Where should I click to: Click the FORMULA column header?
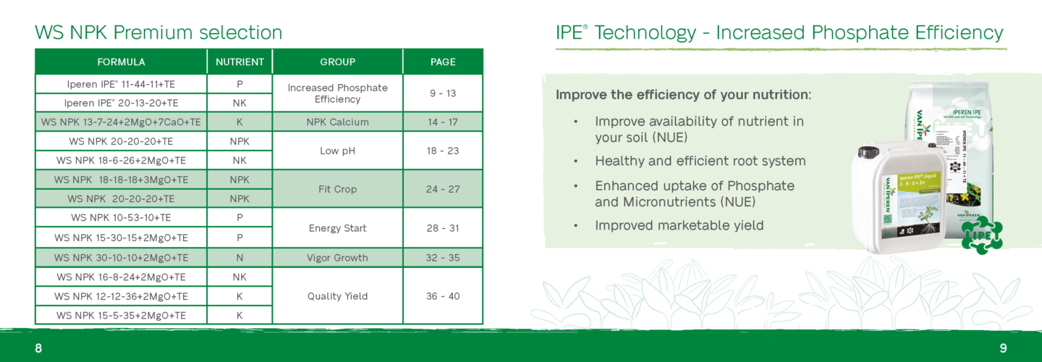coord(121,62)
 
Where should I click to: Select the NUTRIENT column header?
coord(240,62)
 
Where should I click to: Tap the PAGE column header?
coord(442,62)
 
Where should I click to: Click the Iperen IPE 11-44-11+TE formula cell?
coord(121,84)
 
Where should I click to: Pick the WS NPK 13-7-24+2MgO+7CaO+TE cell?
coord(121,122)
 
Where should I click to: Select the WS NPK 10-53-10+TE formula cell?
coord(121,217)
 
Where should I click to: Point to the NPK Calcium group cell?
coord(337,122)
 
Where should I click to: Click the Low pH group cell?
coord(337,151)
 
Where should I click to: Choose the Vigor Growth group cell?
coord(337,258)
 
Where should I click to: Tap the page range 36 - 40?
coord(442,296)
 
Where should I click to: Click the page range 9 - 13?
coord(442,93)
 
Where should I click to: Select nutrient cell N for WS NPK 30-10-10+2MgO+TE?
coord(240,258)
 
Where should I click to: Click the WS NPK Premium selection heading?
coord(158,33)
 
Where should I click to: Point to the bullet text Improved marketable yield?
coord(679,225)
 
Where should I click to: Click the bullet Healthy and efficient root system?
coord(700,161)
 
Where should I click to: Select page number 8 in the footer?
coord(38,348)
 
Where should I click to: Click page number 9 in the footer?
coord(1003,348)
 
